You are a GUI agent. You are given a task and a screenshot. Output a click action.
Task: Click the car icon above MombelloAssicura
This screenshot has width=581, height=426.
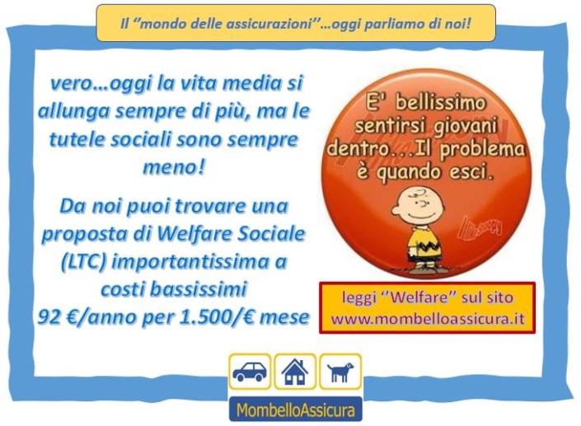250,371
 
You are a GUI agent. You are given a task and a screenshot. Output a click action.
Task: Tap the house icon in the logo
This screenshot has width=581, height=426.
295,372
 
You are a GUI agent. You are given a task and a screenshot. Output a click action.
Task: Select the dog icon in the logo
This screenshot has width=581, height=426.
340,372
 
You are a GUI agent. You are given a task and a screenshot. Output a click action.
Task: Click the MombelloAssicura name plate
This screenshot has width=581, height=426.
295,410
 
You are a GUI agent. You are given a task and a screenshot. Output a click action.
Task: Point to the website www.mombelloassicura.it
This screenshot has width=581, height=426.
428,319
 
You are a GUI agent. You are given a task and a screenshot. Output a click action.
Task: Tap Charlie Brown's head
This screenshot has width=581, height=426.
417,206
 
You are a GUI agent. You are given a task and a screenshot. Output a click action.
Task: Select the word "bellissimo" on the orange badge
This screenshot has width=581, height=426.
440,102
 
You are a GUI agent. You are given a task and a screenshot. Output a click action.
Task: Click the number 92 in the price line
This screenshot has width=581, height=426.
49,316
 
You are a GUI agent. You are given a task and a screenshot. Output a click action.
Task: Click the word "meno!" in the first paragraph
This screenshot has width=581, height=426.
173,167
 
